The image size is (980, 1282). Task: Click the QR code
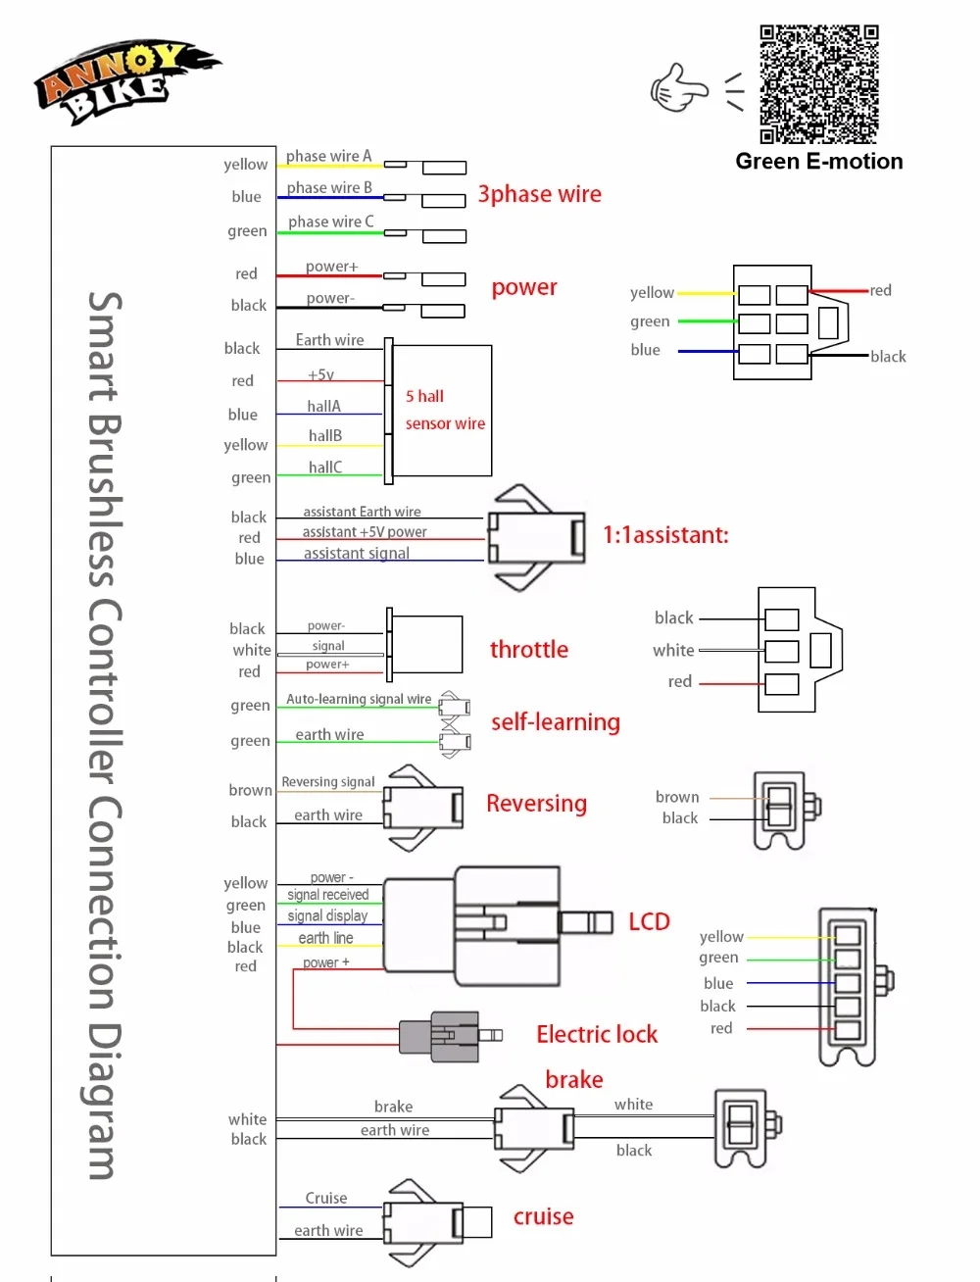pyautogui.click(x=819, y=84)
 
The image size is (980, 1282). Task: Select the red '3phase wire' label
pyautogui.click(x=539, y=194)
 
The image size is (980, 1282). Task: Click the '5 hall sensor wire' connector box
pyautogui.click(x=442, y=410)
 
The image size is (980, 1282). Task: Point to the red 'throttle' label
pyautogui.click(x=529, y=649)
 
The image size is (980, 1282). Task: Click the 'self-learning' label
pyautogui.click(x=556, y=722)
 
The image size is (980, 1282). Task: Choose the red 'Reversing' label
pyautogui.click(x=536, y=804)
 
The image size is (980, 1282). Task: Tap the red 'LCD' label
pyautogui.click(x=649, y=921)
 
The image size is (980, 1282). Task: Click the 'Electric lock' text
pyautogui.click(x=597, y=1034)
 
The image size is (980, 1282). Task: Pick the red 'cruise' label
pyautogui.click(x=544, y=1216)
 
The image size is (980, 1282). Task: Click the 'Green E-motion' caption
pyautogui.click(x=819, y=162)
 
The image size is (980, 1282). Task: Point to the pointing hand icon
pyautogui.click(x=678, y=87)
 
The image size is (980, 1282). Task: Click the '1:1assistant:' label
pyautogui.click(x=665, y=535)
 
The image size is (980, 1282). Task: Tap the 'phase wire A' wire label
pyautogui.click(x=328, y=156)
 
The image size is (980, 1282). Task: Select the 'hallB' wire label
pyautogui.click(x=325, y=435)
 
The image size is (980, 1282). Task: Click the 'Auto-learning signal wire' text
pyautogui.click(x=359, y=699)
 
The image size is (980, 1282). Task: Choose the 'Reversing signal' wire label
pyautogui.click(x=328, y=782)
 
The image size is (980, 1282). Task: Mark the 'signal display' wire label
pyautogui.click(x=327, y=915)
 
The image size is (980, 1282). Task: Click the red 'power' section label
pyautogui.click(x=524, y=287)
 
